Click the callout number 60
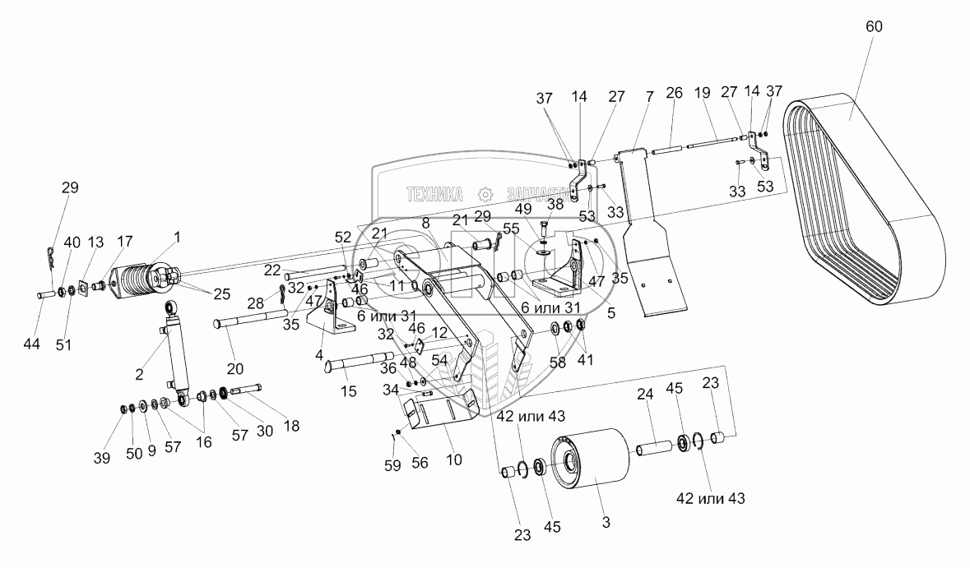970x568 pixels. click(874, 26)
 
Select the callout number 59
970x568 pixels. click(393, 465)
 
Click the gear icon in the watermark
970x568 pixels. click(485, 194)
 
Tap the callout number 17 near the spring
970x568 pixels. click(124, 242)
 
